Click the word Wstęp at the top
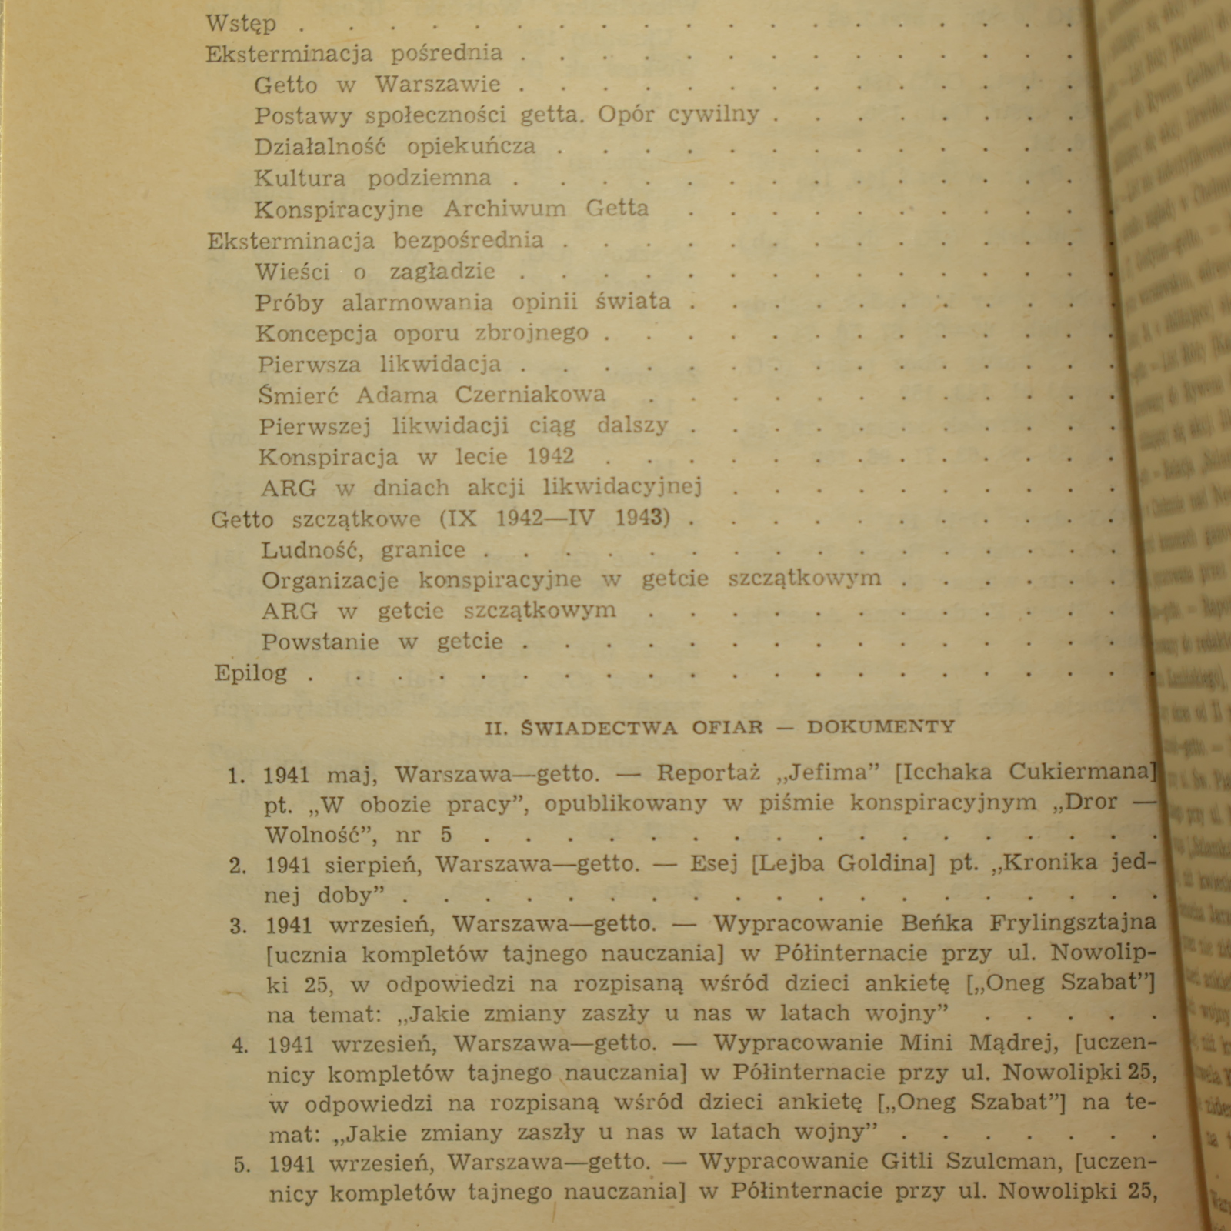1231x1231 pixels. point(240,25)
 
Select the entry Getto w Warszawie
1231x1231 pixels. point(377,84)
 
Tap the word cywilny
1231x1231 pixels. point(713,115)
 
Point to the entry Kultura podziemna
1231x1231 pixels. point(372,178)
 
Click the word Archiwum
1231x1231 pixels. point(505,209)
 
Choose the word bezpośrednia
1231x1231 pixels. point(469,240)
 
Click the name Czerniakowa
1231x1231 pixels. point(530,395)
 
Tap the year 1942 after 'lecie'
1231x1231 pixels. point(550,456)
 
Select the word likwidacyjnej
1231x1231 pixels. point(622,487)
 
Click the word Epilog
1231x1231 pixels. point(251,673)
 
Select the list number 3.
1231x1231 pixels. point(237,925)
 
